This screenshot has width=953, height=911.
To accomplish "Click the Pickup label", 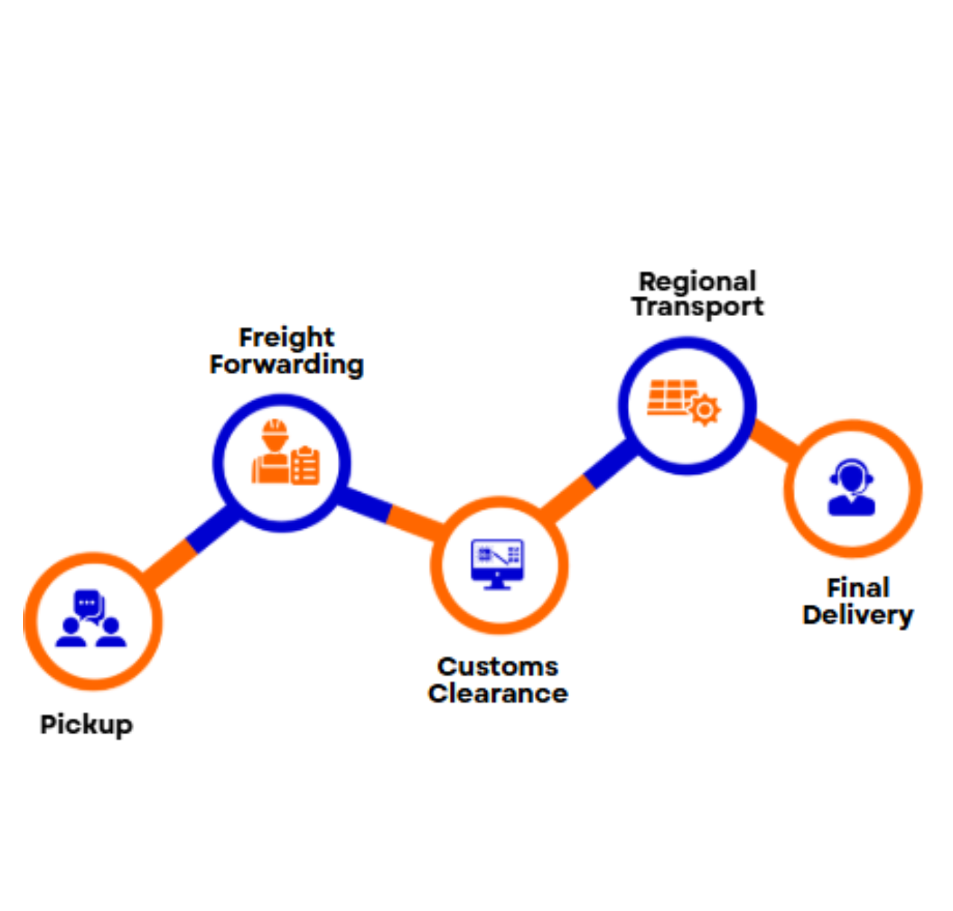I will tap(87, 725).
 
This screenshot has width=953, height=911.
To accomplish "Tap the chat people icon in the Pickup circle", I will tap(91, 619).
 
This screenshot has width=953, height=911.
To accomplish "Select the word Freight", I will tap(286, 338).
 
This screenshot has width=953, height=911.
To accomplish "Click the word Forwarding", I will tap(286, 365).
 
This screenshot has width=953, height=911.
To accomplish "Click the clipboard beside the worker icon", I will tap(306, 465).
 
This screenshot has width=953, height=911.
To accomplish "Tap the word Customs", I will tap(497, 666).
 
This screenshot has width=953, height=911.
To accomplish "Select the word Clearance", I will tap(497, 693).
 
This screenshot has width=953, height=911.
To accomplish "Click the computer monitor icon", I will tap(497, 564).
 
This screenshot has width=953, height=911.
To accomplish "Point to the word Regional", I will tap(697, 281).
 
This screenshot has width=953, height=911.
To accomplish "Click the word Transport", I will tap(697, 306).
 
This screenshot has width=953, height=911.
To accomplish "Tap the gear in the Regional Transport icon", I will tap(704, 410).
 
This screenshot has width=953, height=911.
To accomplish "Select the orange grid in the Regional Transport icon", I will tap(670, 397).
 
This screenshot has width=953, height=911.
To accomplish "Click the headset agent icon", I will tap(851, 488).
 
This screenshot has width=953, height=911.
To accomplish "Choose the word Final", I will tap(858, 587).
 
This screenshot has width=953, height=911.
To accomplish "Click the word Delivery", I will tap(858, 615).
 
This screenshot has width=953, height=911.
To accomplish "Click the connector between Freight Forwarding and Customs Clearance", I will tap(389, 512).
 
